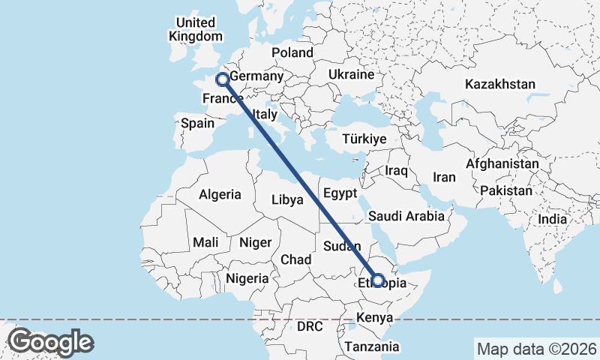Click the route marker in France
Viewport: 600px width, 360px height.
point(222,79)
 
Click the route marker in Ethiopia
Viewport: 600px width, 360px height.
point(378,281)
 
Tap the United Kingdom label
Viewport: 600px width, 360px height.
point(195,29)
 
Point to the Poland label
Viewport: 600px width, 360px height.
point(292,52)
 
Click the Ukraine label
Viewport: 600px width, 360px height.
point(351,76)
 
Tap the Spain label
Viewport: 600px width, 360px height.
point(197,123)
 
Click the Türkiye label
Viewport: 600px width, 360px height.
point(364,139)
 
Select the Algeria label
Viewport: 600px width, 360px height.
point(220,194)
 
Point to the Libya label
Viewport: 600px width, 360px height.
point(287,199)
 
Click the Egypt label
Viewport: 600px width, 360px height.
point(340,193)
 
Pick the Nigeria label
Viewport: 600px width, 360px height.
point(247,278)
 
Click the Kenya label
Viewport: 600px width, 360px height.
point(374,318)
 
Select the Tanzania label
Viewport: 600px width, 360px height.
point(372,346)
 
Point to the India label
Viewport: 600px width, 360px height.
point(552,219)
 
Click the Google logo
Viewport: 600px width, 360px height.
point(50,342)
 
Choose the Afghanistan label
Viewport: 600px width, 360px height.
point(502,163)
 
